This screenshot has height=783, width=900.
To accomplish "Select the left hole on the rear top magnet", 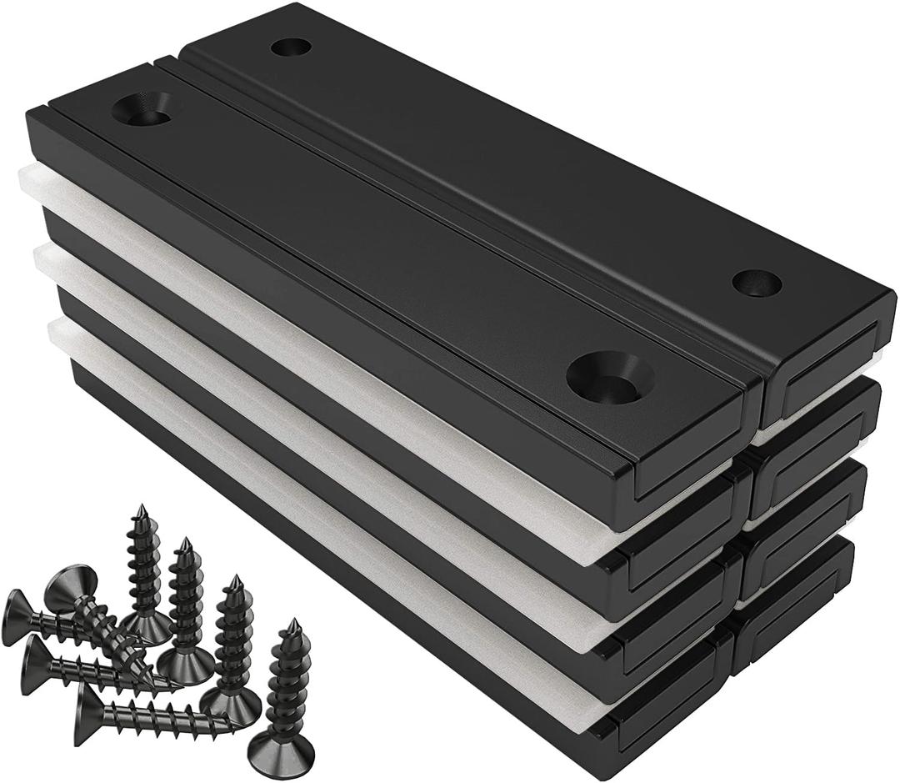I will (292, 47).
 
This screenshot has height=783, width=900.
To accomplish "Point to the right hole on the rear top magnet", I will (757, 284).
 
